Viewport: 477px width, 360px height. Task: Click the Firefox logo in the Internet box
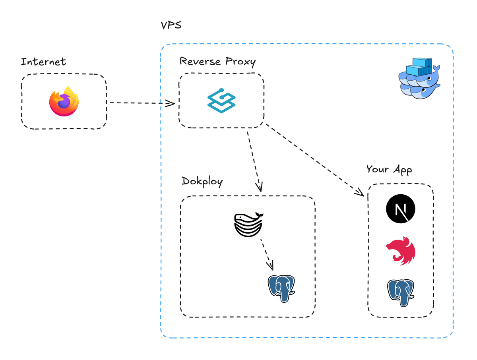[64, 101]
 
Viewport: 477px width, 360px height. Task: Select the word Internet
[43, 61]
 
